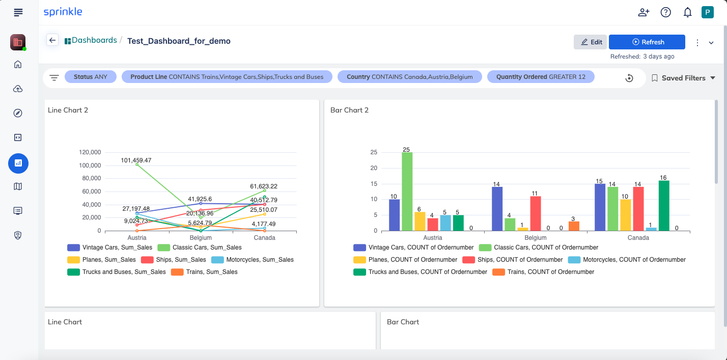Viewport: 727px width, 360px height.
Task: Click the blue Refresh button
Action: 647,42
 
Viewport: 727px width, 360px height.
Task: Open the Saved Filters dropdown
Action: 683,78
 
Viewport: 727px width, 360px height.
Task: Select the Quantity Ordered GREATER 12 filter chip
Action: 541,77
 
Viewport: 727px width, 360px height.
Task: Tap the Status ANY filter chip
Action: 90,77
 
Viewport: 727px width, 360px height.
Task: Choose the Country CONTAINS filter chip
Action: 410,77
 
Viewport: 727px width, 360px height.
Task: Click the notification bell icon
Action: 687,12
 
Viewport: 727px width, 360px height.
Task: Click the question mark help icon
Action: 666,12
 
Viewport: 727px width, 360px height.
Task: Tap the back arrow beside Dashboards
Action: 52,40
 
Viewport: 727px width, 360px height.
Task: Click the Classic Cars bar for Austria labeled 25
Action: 407,191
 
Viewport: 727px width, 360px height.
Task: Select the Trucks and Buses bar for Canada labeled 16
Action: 664,206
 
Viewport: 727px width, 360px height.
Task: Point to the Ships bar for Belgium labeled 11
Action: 536,213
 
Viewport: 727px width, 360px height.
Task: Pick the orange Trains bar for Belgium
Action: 574,226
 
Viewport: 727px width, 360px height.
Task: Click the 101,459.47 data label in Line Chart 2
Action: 136,160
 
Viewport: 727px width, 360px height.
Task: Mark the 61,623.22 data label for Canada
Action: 264,186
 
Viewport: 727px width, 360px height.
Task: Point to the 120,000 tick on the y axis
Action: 90,152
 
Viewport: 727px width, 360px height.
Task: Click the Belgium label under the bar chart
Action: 536,238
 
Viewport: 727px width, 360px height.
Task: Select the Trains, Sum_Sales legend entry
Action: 205,272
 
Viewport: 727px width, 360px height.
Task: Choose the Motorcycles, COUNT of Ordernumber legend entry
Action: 627,260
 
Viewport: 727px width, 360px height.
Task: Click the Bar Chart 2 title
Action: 349,110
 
